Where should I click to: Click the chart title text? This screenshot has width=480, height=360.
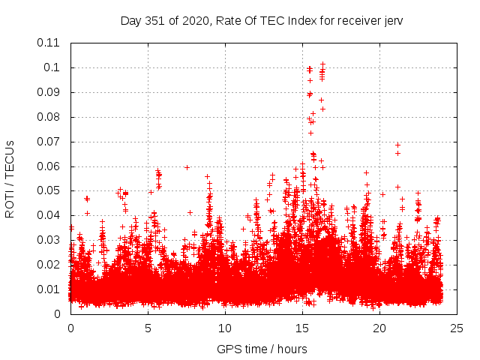[x=262, y=20]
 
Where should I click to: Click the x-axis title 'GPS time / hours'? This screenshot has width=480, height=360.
[x=262, y=349]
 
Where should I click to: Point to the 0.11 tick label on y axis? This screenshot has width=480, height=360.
[x=49, y=43]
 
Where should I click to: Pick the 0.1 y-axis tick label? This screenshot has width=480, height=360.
[x=52, y=67]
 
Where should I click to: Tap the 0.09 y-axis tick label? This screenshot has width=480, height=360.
[x=49, y=92]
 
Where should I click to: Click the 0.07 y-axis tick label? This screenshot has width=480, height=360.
[x=49, y=141]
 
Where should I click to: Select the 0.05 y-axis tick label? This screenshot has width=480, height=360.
[x=49, y=190]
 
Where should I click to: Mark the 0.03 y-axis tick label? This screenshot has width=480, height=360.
[x=49, y=240]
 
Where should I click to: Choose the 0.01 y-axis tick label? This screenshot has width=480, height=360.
[x=49, y=289]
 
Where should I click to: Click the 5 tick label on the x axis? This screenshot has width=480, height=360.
[x=148, y=328]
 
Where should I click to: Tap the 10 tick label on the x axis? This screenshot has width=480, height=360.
[x=225, y=328]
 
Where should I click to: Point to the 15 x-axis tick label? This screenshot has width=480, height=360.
[x=302, y=328]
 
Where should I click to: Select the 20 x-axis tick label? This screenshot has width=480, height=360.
[x=379, y=328]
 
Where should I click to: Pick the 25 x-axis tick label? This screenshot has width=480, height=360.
[x=457, y=328]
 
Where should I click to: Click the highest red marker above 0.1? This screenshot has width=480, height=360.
[x=322, y=64]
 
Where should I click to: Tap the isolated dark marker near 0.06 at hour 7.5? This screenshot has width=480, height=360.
[x=187, y=167]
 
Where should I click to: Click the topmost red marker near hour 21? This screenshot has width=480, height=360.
[x=397, y=145]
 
